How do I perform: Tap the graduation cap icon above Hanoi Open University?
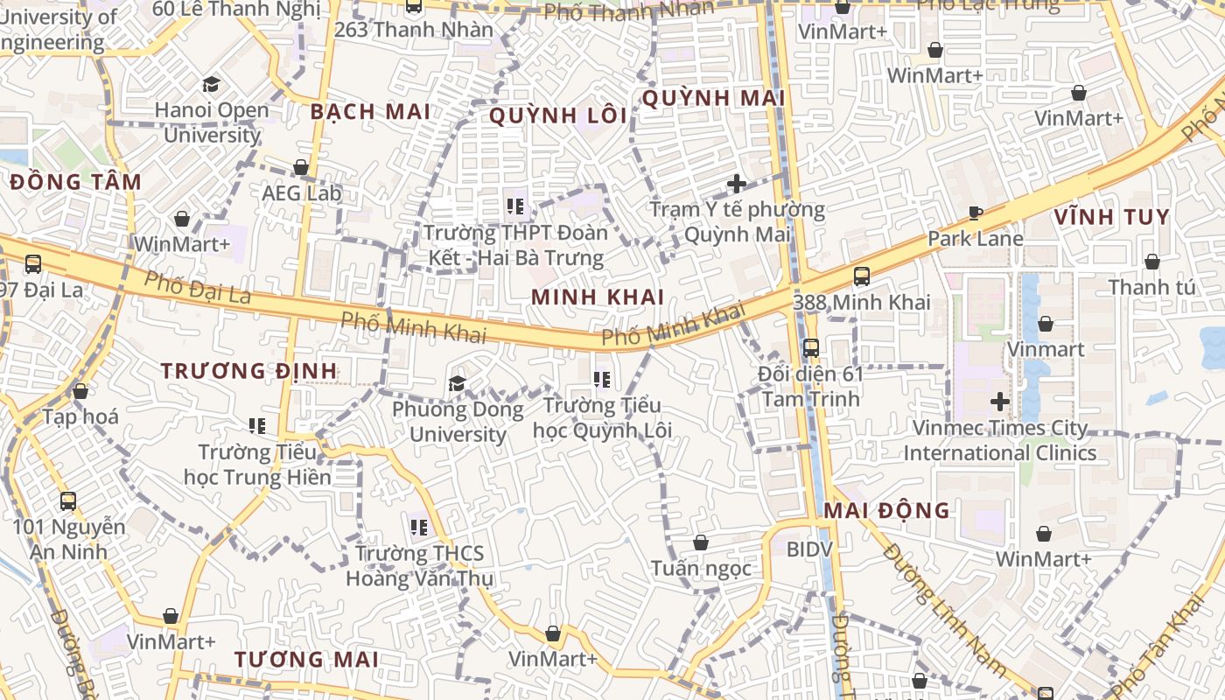[x=211, y=85]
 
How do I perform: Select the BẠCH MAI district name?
[x=370, y=112]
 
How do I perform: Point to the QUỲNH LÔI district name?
[x=558, y=115]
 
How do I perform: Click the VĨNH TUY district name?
[x=1111, y=217]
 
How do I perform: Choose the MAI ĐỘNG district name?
[x=887, y=511]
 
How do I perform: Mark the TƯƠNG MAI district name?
[x=306, y=660]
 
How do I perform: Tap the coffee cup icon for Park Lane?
[x=975, y=213]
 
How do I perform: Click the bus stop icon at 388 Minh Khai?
[x=861, y=276]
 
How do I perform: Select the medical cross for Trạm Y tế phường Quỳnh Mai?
[x=737, y=184]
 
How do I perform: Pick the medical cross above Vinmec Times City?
[x=999, y=402]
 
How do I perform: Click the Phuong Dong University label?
[x=458, y=422]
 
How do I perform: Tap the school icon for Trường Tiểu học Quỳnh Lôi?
[x=602, y=380]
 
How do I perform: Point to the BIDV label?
[x=809, y=549]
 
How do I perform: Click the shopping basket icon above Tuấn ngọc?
[x=700, y=542]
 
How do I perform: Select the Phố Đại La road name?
[x=197, y=287]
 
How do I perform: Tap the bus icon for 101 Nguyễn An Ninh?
[x=67, y=501]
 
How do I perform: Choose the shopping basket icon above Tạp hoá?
[x=80, y=391]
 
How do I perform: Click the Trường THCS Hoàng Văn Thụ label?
[x=419, y=566]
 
